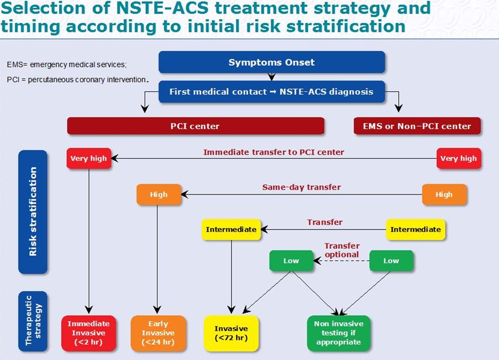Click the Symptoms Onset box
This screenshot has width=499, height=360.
point(271,62)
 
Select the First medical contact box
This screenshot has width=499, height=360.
point(271,91)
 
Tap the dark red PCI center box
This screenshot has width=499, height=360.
point(195,126)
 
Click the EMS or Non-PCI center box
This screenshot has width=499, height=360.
point(417,126)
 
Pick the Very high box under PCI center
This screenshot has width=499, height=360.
point(87,158)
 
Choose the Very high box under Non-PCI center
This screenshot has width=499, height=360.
point(459,158)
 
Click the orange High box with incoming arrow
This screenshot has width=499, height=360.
point(159,194)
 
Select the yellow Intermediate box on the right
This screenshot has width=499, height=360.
point(416,230)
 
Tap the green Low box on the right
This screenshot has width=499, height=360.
point(391,261)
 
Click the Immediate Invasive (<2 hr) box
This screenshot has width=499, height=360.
point(88,333)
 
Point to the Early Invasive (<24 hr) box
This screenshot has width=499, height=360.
point(158,333)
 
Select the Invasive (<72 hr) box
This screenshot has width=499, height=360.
point(231,333)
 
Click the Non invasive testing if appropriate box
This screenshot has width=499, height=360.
point(338,333)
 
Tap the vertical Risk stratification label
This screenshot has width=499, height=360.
point(33,211)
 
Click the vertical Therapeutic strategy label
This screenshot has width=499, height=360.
point(33,320)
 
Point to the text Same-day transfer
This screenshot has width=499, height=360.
point(301,187)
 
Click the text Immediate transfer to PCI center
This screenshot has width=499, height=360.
point(273,152)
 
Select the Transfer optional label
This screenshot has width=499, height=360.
point(342,250)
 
